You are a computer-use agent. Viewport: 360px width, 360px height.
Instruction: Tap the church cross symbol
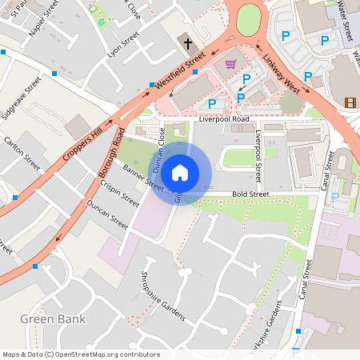click(x=189, y=43)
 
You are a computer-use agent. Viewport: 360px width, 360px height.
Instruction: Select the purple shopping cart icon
click(x=230, y=64)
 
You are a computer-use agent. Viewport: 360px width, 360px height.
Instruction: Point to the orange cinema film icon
click(x=350, y=102)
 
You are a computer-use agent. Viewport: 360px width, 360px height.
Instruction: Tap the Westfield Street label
click(x=180, y=74)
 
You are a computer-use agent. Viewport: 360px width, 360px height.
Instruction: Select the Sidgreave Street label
click(x=22, y=98)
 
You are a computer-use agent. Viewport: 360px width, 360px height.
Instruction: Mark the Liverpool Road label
click(x=224, y=119)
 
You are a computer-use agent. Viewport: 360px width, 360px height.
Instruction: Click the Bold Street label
click(x=250, y=194)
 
